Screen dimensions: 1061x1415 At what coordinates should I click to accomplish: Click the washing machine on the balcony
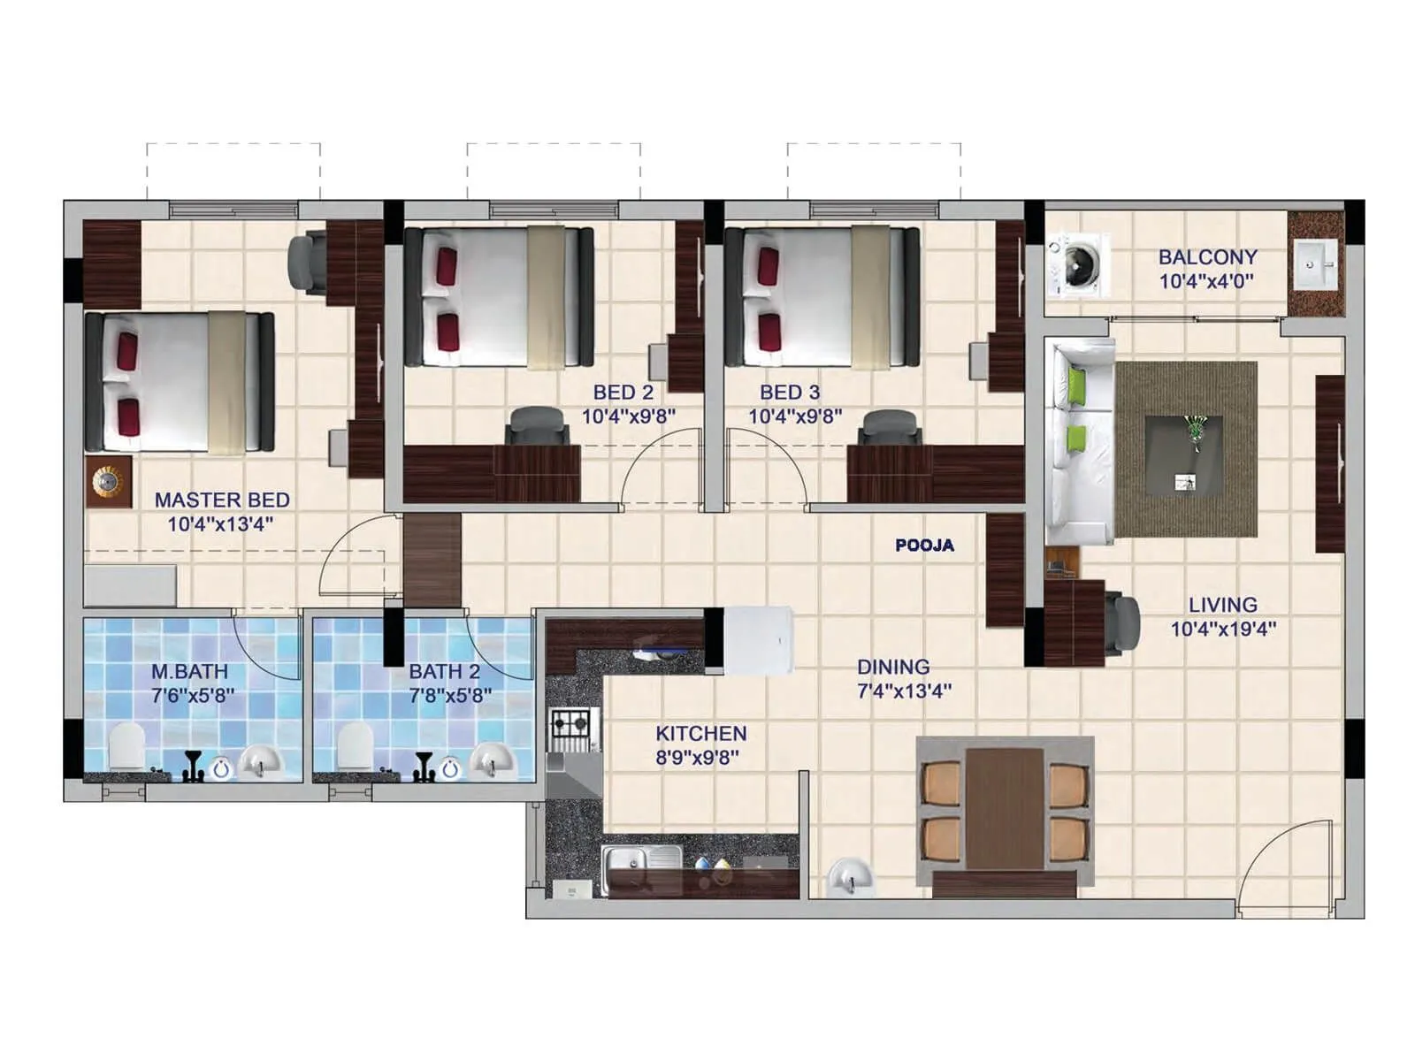(1077, 263)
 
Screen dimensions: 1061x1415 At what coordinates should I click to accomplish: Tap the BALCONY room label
(1207, 257)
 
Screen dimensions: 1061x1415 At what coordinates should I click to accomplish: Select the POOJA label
(924, 546)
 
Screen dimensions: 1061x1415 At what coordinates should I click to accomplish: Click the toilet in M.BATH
(126, 745)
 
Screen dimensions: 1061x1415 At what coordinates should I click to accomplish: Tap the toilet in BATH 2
(356, 745)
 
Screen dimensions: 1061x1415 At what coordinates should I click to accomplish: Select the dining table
(1005, 808)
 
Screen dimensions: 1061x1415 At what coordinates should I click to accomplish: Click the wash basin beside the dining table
(850, 879)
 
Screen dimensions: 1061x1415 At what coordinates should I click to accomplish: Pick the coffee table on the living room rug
(1184, 454)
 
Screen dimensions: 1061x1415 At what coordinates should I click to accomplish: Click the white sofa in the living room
(1078, 442)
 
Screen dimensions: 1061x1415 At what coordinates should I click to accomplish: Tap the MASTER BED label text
(222, 500)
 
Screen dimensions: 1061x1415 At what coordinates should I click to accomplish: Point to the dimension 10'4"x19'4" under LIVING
(1223, 630)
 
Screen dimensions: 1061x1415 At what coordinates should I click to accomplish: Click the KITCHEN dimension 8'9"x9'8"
(698, 757)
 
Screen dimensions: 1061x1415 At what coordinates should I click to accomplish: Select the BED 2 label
(623, 392)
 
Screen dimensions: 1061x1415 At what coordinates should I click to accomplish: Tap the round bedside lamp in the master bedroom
(108, 481)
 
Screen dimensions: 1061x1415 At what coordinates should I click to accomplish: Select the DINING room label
(893, 667)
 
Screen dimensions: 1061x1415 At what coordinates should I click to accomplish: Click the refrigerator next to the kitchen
(758, 640)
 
